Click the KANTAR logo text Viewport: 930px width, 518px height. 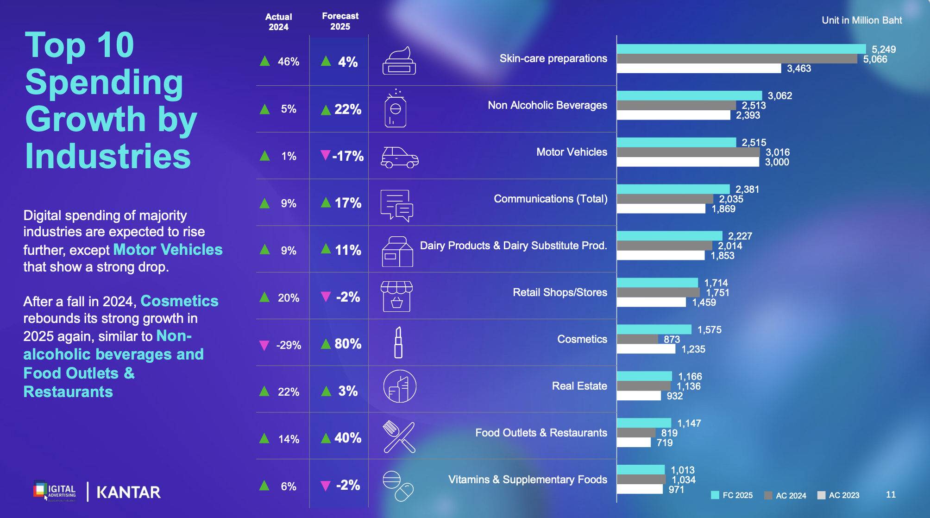click(x=128, y=492)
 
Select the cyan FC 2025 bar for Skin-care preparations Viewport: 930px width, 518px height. click(x=741, y=49)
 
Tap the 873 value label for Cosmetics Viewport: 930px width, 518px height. click(x=672, y=339)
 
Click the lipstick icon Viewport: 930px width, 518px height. click(x=398, y=342)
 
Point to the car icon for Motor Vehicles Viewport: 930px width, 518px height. click(x=399, y=157)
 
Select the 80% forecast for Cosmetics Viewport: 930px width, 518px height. click(x=347, y=344)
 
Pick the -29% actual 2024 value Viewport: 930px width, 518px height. click(x=288, y=345)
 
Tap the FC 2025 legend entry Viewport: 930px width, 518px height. click(x=732, y=495)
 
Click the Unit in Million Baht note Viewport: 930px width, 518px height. click(x=861, y=20)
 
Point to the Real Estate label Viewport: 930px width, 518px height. click(x=579, y=386)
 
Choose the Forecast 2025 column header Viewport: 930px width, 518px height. click(x=340, y=21)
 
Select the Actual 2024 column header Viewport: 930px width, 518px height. click(x=278, y=22)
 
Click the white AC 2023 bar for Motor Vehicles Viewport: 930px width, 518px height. click(x=688, y=162)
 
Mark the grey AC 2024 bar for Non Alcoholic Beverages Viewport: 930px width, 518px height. click(x=676, y=106)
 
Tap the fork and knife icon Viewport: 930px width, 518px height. click(x=399, y=437)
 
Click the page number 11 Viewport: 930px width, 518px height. click(x=891, y=494)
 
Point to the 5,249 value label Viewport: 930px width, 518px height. click(x=883, y=50)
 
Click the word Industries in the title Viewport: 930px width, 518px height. click(x=108, y=156)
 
